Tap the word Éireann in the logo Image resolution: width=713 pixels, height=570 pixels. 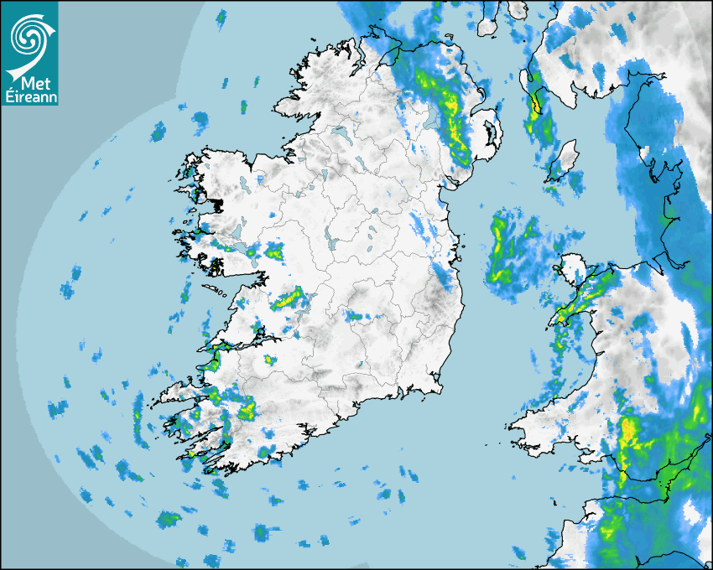coord(30,97)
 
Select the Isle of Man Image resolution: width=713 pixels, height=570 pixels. coord(565,159)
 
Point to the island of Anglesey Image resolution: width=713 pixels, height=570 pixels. coord(575,267)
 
